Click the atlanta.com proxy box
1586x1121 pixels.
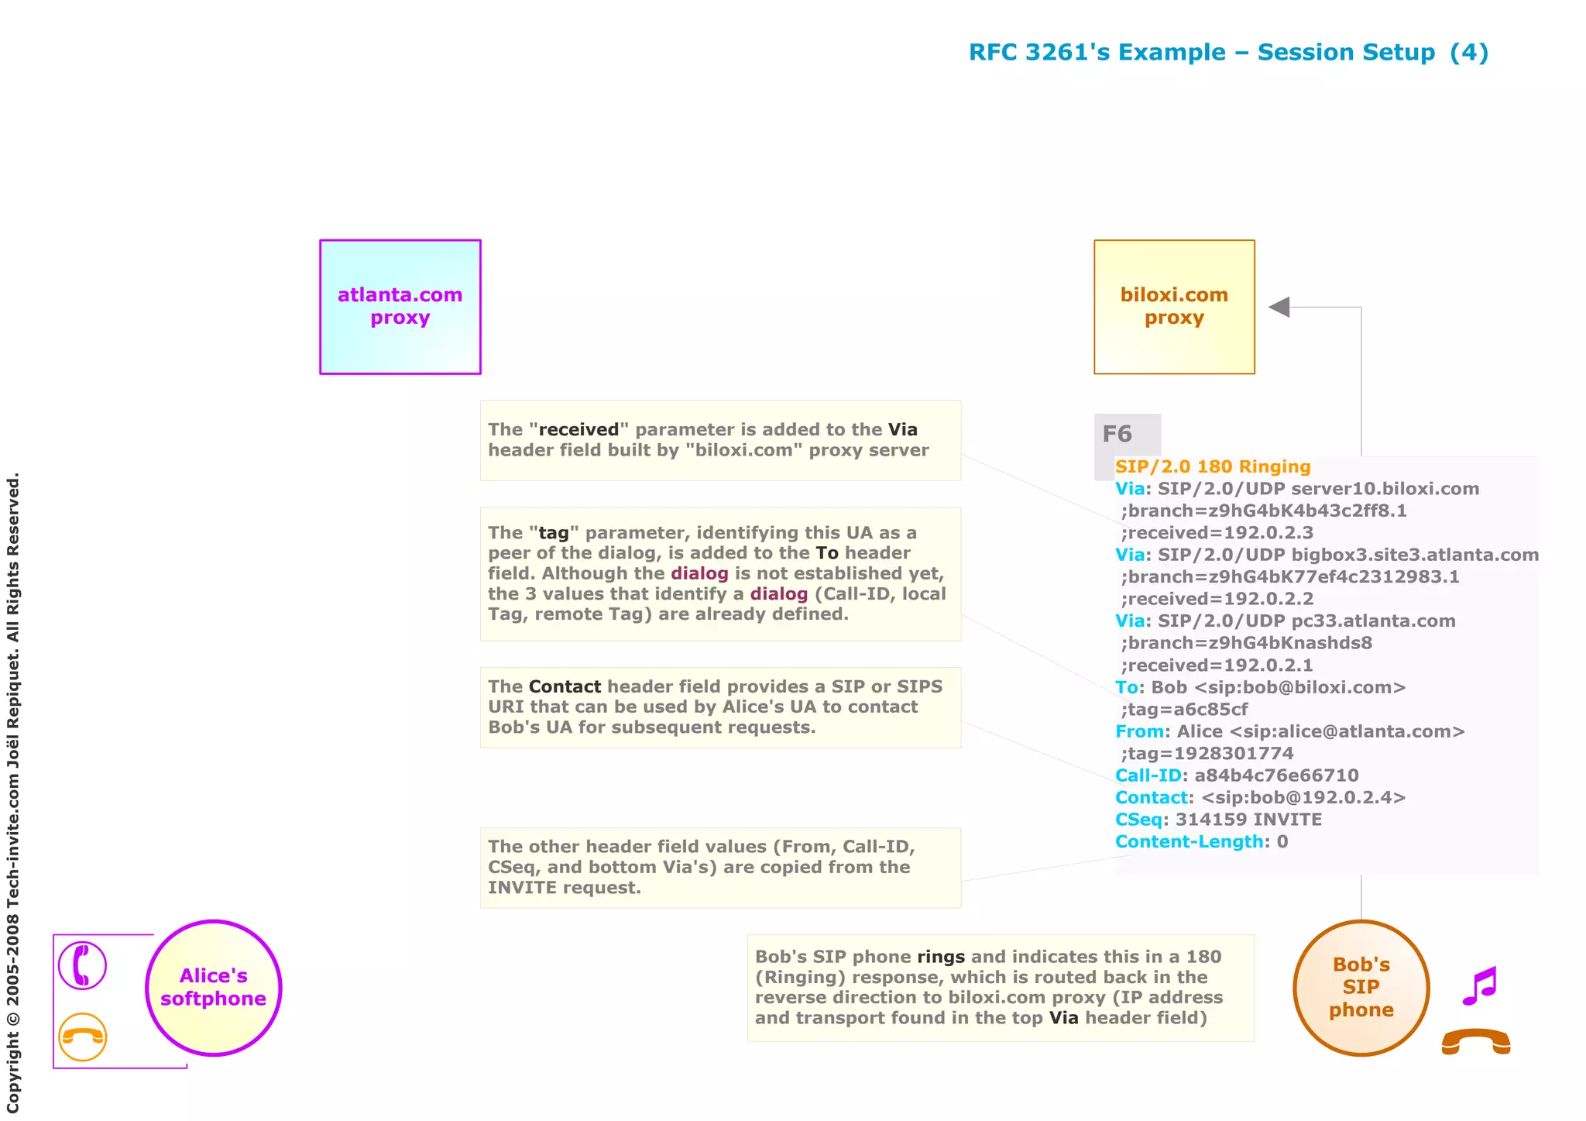click(x=400, y=307)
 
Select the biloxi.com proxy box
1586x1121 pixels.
click(x=1174, y=307)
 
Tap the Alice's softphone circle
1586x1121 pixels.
click(x=214, y=988)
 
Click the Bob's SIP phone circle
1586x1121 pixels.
click(x=1361, y=988)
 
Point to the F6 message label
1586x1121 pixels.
click(x=1117, y=434)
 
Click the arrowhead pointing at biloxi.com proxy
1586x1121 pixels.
click(x=1279, y=307)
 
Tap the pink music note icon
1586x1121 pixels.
click(x=1480, y=985)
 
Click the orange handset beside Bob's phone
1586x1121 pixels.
click(x=1476, y=1042)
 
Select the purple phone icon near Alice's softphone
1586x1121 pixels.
click(x=82, y=965)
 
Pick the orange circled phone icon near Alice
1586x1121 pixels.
click(x=82, y=1037)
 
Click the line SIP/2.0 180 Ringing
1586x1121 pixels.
click(x=1213, y=466)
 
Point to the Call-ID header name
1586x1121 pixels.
click(x=1148, y=775)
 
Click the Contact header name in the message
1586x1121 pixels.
click(x=1152, y=797)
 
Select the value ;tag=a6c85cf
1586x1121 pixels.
click(x=1184, y=709)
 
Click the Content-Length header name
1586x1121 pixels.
click(x=1189, y=841)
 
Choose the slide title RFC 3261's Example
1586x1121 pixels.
click(x=1228, y=52)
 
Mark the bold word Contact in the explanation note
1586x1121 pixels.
click(x=565, y=686)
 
